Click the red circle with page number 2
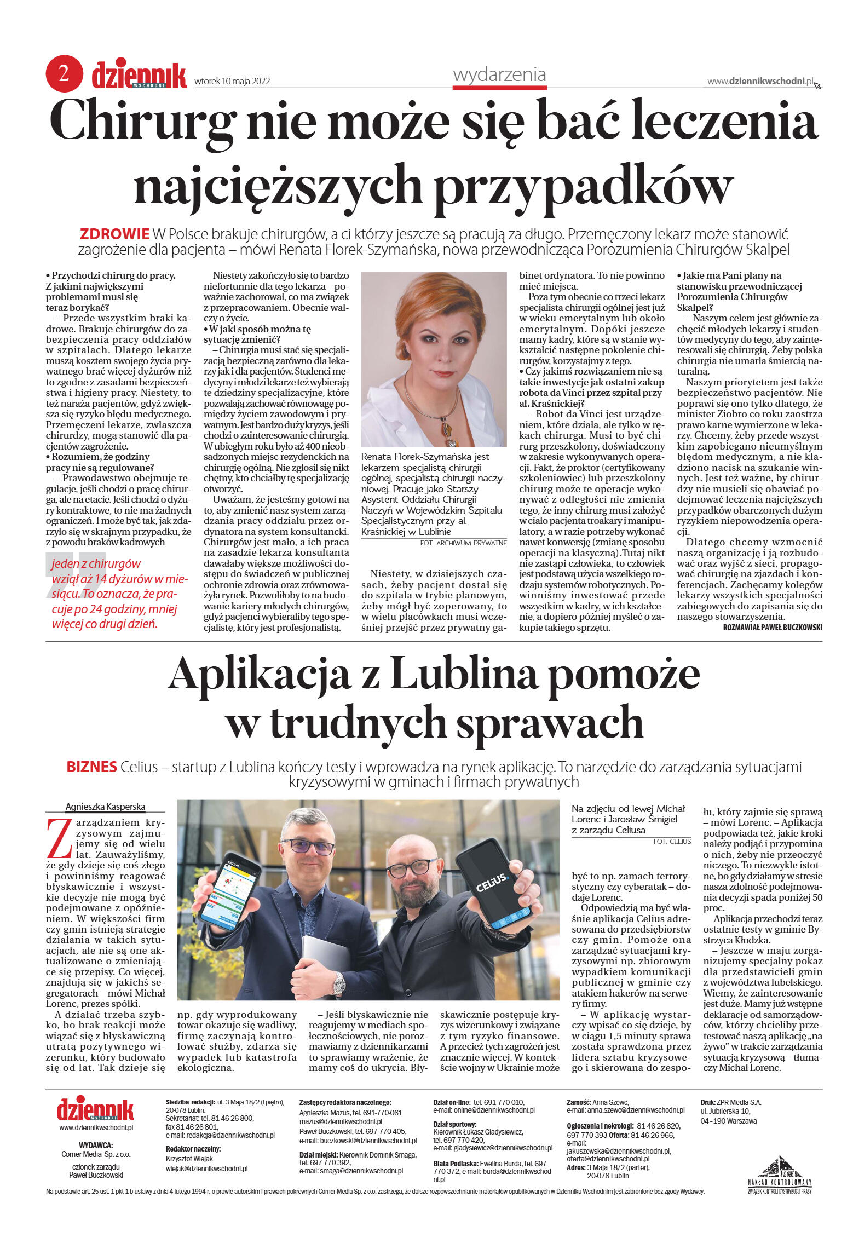[64, 74]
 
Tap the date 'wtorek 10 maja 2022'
[232, 82]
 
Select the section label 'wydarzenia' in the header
[499, 74]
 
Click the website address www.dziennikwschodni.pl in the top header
[760, 81]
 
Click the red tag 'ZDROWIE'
[114, 234]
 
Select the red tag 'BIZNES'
[91, 767]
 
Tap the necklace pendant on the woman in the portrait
[451, 428]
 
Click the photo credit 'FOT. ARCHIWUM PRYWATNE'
[463, 543]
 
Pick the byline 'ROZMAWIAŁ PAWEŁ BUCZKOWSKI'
[772, 628]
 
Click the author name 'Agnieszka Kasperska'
[105, 807]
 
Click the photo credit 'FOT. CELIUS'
[672, 841]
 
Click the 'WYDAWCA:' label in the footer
[96, 1145]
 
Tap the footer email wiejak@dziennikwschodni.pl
[206, 1168]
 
